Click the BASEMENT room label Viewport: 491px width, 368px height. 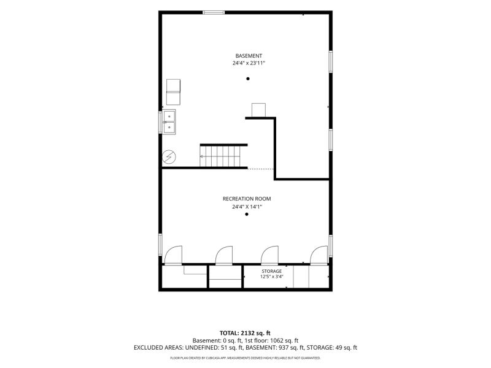249,56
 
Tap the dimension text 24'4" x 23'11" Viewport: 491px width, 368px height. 249,63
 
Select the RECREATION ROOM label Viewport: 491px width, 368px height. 247,199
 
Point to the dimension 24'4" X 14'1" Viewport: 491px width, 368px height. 247,207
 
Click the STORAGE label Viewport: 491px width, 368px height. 272,271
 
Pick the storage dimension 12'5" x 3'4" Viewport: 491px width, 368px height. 272,277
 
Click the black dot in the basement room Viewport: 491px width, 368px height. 248,79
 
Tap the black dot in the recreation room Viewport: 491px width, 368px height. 247,214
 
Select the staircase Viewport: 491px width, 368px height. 220,156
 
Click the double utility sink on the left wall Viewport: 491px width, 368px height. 169,121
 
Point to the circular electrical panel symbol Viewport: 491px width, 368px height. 169,157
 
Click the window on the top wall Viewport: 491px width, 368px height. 214,12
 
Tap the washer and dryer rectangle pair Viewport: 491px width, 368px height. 173,92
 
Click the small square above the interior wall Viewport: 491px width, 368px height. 258,110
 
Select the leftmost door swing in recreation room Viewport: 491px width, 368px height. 173,255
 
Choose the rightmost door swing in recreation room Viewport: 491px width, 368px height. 319,255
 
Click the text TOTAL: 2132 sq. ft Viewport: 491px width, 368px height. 245,333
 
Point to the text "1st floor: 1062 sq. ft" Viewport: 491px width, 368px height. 274,340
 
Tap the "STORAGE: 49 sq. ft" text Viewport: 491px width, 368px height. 332,348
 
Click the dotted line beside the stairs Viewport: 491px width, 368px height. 260,169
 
